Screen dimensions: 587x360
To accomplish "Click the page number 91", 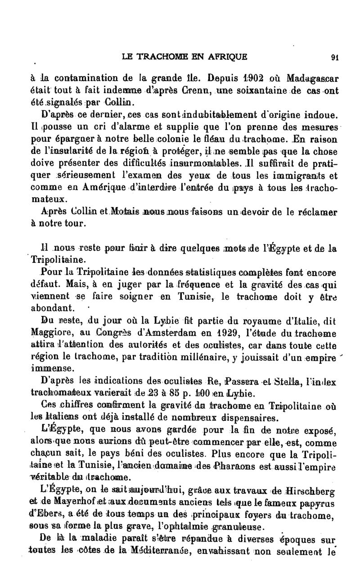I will click(334, 57).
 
